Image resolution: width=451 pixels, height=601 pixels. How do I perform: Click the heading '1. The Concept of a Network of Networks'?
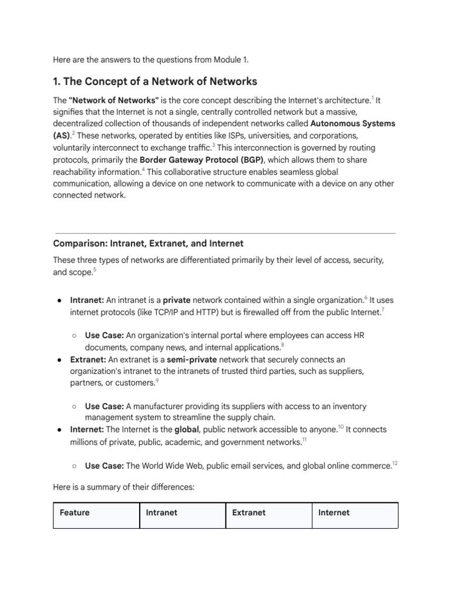coord(155,81)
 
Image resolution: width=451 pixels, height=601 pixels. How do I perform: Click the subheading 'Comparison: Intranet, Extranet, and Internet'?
coord(148,243)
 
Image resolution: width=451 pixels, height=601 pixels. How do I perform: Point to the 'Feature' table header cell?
coord(75,512)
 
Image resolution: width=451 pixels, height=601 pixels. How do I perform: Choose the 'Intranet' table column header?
coord(161,512)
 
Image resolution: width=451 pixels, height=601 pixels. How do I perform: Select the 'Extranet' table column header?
coord(248,512)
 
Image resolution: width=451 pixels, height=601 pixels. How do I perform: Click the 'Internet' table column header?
coord(334,512)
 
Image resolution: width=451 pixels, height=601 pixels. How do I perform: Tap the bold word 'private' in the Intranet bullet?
coord(176,299)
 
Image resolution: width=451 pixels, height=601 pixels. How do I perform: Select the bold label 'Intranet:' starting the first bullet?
coord(87,299)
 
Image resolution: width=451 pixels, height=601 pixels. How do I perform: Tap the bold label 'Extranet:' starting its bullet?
coord(88,359)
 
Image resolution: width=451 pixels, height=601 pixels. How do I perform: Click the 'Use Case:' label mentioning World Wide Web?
coord(104,466)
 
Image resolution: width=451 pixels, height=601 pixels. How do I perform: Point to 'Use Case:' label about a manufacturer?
coord(104,406)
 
